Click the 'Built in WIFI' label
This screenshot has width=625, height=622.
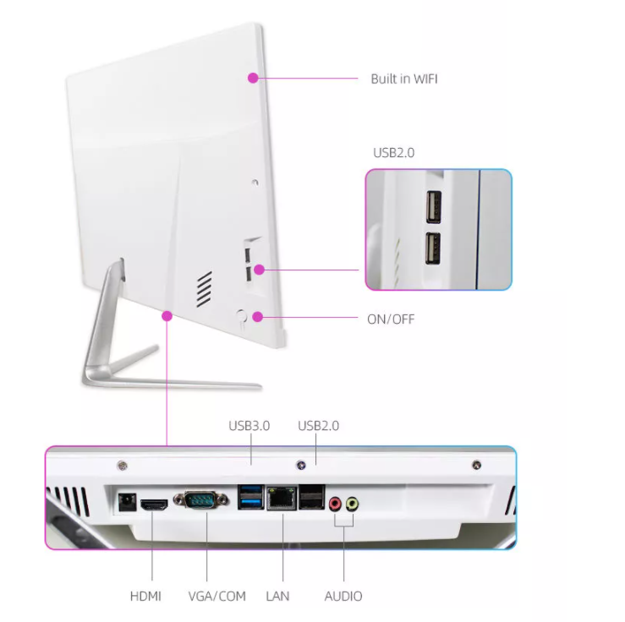[404, 79]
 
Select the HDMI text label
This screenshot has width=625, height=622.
[145, 596]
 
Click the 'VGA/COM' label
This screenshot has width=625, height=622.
[217, 596]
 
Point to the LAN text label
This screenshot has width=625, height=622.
[277, 596]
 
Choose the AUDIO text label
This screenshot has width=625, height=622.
[343, 596]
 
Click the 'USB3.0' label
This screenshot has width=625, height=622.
[249, 426]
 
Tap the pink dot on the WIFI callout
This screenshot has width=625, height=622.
[252, 79]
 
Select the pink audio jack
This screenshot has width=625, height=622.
[335, 505]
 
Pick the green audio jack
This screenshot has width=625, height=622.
[352, 505]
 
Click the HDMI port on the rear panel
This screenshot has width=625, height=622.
[152, 505]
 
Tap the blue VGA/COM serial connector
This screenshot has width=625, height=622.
[200, 500]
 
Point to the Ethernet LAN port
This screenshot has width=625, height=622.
[278, 499]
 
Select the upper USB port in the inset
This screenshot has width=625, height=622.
[432, 205]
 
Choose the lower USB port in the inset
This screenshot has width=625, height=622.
[432, 247]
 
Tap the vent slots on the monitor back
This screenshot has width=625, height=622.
[203, 289]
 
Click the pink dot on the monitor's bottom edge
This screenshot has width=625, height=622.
[167, 316]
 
